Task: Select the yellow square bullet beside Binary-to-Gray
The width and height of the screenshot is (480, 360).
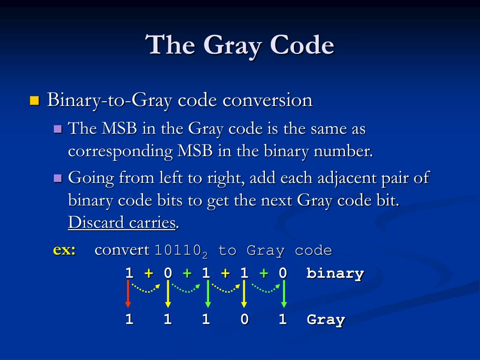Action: tap(34, 100)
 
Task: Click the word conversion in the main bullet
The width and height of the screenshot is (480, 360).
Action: tap(267, 100)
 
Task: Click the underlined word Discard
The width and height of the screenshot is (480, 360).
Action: tap(96, 223)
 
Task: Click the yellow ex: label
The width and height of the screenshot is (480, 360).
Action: tap(64, 250)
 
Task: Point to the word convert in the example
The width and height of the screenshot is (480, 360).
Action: tap(122, 250)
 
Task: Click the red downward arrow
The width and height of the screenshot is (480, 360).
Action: tap(128, 294)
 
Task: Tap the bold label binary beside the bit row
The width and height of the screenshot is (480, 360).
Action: tap(335, 273)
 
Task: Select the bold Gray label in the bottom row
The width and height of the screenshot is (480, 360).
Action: tap(326, 320)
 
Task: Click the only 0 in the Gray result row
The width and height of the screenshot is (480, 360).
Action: tap(244, 320)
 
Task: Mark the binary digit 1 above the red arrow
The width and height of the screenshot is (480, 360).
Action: tap(129, 273)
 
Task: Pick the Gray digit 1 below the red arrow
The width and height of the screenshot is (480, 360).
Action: tap(129, 320)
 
